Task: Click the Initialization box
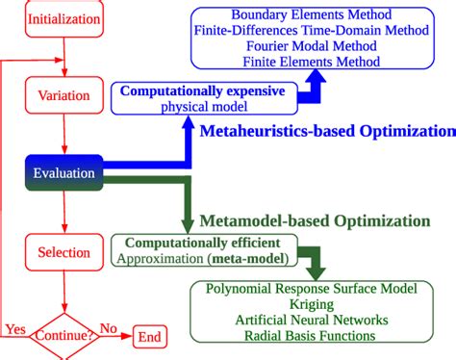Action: click(x=63, y=18)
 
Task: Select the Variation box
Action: click(x=63, y=96)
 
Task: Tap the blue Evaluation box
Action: click(x=63, y=174)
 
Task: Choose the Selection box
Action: click(x=63, y=252)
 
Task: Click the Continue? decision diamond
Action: click(x=63, y=336)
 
